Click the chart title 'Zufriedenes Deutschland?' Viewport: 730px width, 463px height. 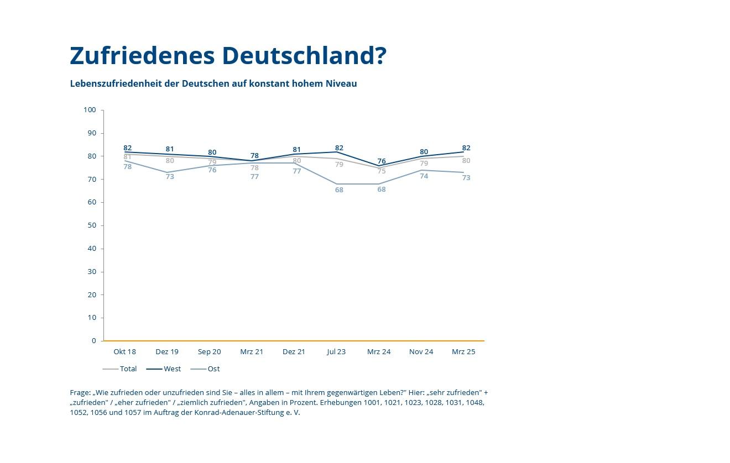coord(228,56)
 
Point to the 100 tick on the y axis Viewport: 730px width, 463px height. coord(90,110)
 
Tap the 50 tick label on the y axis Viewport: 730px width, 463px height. coord(91,225)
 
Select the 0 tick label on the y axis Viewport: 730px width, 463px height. coord(94,341)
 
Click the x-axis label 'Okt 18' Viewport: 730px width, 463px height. coord(124,351)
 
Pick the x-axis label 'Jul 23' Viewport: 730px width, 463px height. coord(336,351)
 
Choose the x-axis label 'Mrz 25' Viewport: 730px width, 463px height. coord(463,351)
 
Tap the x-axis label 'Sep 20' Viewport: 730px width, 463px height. coord(209,351)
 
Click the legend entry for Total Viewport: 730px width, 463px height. coord(128,369)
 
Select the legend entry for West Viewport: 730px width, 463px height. coord(172,369)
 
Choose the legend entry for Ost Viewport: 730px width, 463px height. coord(213,369)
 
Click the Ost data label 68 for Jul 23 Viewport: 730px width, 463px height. coord(339,190)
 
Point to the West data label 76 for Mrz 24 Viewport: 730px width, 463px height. coord(382,161)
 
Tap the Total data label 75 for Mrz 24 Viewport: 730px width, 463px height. coord(382,171)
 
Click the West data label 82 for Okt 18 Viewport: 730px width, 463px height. coord(127,148)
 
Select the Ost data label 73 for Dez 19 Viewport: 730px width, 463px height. coord(170,177)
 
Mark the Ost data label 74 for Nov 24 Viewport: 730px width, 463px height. coord(424,176)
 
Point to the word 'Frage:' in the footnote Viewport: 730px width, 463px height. coord(80,392)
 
